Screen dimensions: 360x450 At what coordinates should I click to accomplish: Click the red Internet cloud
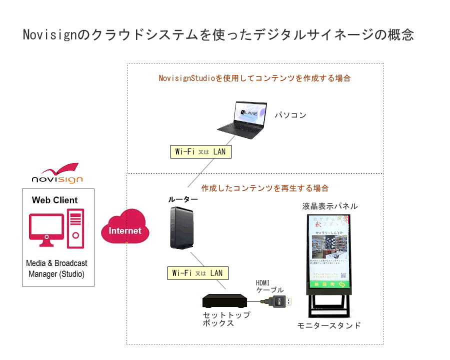[125, 229]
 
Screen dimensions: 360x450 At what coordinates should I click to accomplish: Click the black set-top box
[225, 302]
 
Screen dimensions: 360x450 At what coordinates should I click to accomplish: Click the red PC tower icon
[75, 228]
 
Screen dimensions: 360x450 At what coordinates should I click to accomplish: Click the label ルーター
[183, 199]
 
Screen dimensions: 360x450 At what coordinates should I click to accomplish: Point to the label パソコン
[290, 115]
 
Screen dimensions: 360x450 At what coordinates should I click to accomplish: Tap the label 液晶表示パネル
[330, 206]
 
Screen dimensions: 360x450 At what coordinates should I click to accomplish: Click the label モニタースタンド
[328, 325]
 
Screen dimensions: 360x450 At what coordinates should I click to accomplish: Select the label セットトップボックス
[226, 319]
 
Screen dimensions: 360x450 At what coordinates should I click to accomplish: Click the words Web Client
[54, 200]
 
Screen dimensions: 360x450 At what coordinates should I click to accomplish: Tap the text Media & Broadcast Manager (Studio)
[56, 268]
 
